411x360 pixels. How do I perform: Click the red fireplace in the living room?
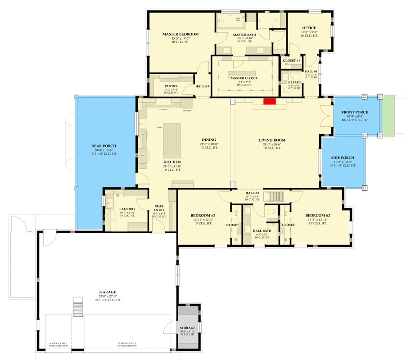(x=269, y=102)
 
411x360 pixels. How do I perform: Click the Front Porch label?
(x=355, y=112)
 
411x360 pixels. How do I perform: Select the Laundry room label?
(x=127, y=209)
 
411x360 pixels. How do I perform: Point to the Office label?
(x=309, y=28)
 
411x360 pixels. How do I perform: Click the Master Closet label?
(x=244, y=78)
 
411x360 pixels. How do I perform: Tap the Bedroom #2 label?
(x=318, y=216)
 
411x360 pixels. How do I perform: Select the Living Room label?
(x=272, y=140)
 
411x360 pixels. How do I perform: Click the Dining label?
(x=209, y=139)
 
